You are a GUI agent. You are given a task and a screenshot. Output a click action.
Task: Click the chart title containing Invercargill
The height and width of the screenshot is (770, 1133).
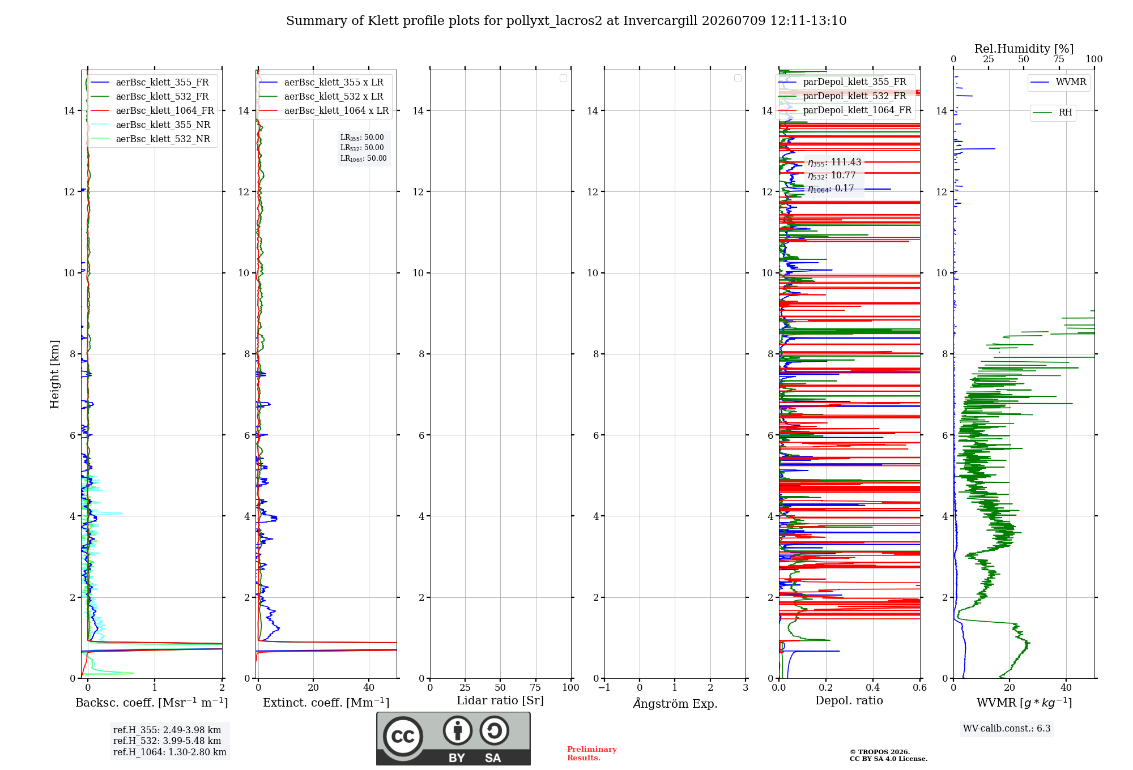point(566,21)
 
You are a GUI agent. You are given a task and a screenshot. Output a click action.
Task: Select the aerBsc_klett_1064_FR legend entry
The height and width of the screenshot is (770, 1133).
point(152,110)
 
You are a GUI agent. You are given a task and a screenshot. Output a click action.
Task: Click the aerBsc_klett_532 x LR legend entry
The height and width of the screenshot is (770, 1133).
point(321,96)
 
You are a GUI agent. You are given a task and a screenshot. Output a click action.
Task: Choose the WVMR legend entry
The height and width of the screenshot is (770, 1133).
point(1058,82)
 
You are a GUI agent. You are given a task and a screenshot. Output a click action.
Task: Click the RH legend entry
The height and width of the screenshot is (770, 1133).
point(1053,113)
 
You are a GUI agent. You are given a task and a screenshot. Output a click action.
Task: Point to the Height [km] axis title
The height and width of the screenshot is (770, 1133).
point(54,374)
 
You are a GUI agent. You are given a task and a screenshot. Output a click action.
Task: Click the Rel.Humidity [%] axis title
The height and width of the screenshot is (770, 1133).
point(1024,49)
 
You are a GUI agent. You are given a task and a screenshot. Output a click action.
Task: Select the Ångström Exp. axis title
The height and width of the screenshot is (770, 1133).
point(675,703)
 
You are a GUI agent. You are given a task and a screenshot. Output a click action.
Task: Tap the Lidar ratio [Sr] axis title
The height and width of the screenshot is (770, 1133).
point(500,701)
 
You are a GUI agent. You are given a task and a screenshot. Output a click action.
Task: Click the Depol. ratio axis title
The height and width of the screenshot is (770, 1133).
point(849,701)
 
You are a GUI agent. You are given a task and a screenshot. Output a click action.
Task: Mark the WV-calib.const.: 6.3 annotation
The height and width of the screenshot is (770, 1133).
point(1007,729)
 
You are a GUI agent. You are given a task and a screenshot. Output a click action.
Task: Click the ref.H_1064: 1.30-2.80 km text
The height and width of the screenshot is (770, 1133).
point(170,752)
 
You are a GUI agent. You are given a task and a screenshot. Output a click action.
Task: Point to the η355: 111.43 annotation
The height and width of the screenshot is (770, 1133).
point(834,162)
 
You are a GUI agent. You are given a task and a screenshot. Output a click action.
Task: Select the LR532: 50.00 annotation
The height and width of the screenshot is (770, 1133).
point(362,148)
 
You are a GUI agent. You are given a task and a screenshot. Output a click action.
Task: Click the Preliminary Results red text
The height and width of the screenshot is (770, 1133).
point(592,754)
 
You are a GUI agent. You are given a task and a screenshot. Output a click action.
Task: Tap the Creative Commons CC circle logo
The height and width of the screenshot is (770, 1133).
point(403,736)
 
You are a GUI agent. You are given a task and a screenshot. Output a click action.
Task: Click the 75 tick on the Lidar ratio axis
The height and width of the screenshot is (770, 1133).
point(535,687)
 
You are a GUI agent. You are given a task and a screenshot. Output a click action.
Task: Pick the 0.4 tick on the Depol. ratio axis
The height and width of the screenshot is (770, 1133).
point(873,687)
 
